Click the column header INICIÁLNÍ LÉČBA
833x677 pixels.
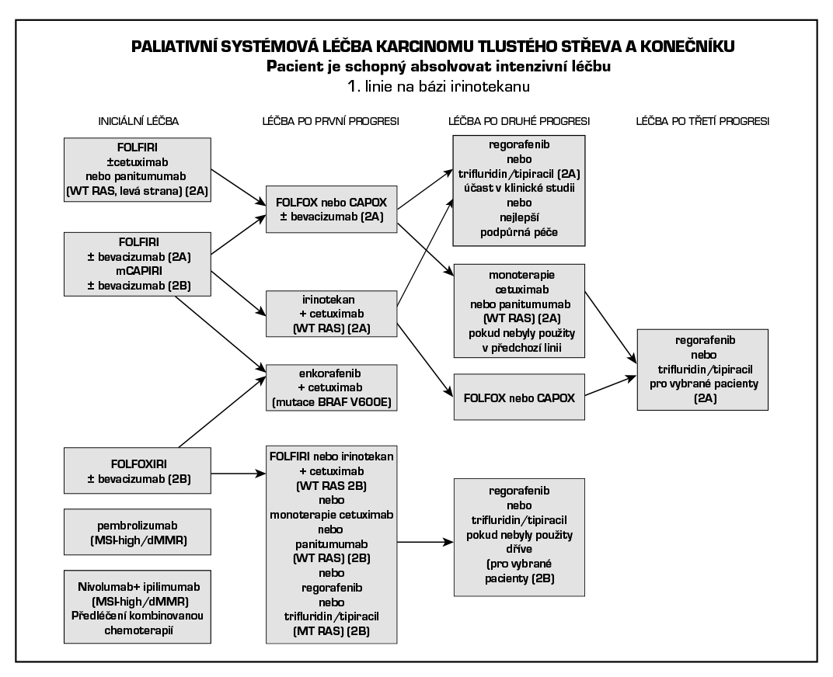point(139,121)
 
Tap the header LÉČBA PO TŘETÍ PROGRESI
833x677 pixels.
point(702,121)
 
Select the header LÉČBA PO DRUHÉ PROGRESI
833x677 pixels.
point(519,121)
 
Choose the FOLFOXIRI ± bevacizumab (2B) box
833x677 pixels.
point(139,470)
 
